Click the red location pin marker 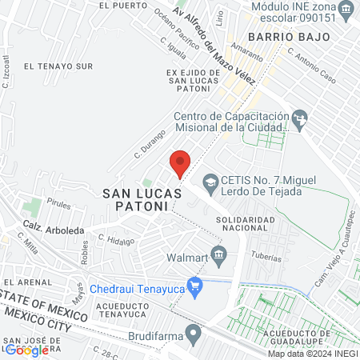180,163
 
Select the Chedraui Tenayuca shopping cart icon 194,285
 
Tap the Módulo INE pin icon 346,10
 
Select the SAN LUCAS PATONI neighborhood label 136,199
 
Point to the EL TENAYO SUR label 59,66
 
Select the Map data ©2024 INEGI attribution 312,353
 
